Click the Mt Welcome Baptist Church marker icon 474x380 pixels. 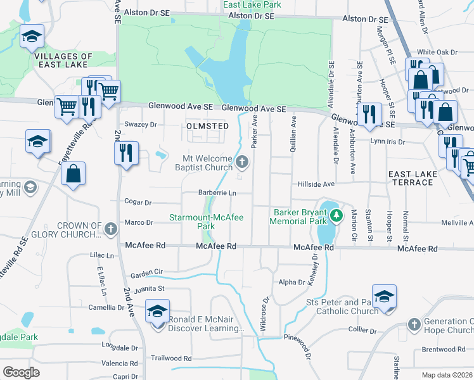241,163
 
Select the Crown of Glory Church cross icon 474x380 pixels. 111,228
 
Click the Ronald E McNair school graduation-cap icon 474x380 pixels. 157,312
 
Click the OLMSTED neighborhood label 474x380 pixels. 207,126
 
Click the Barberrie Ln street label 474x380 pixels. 217,193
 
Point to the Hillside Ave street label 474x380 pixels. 316,184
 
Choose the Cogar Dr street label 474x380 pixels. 139,203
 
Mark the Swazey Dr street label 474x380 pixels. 140,125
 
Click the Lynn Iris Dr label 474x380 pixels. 387,141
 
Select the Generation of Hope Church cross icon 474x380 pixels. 414,324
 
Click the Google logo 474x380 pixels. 21,372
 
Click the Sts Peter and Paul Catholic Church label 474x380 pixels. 342,307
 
